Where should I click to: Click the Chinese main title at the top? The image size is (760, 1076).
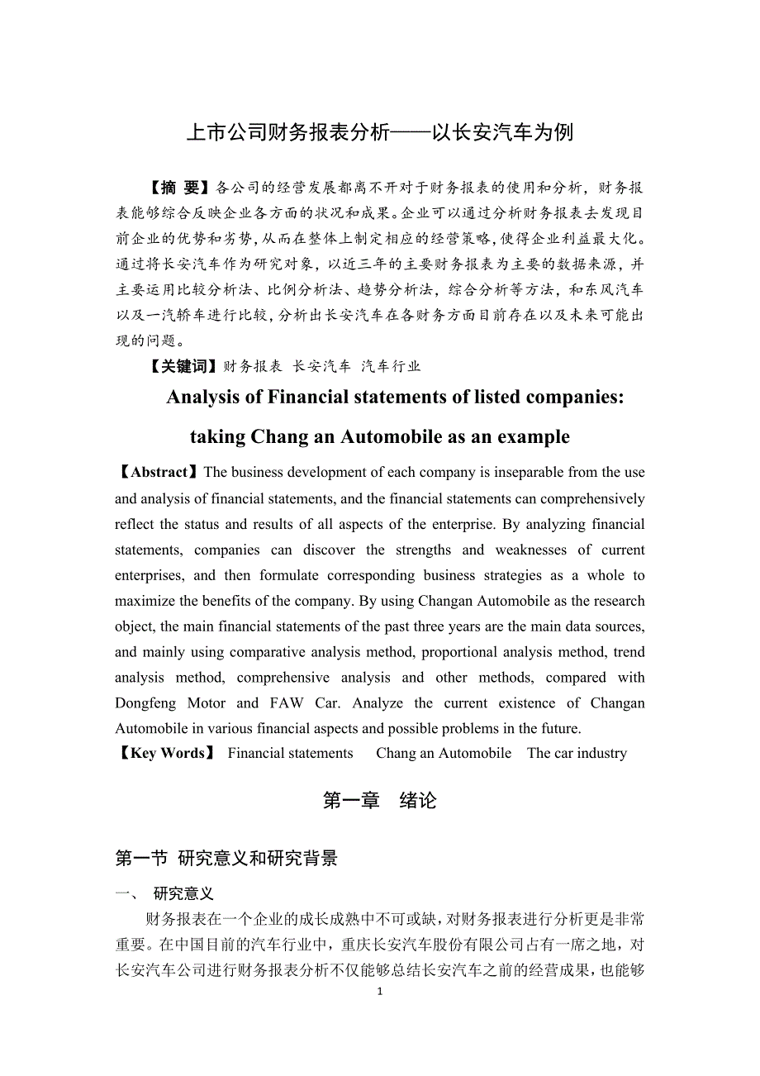[x=379, y=132]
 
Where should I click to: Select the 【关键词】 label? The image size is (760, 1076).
[x=182, y=366]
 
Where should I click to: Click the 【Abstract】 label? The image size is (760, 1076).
[x=158, y=473]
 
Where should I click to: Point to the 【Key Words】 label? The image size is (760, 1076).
[x=166, y=754]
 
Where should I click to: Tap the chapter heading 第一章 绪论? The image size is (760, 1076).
[x=379, y=801]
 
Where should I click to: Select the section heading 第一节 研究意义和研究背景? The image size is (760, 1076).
[x=226, y=859]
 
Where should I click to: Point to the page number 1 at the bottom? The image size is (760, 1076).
[x=380, y=993]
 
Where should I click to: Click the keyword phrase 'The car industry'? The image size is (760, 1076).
[x=577, y=754]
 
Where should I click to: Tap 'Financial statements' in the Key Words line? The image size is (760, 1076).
[x=290, y=754]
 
